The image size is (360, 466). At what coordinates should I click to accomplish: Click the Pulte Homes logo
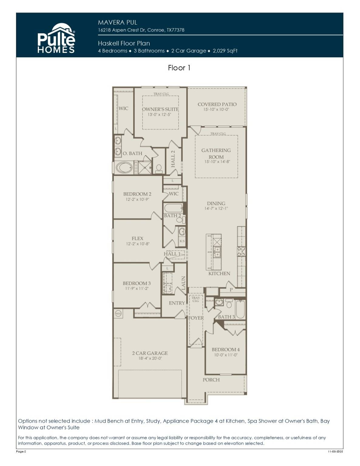[x=56, y=39]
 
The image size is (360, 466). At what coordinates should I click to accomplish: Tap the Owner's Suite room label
[x=160, y=109]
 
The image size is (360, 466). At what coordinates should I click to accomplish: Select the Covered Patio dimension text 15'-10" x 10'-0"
[x=216, y=110]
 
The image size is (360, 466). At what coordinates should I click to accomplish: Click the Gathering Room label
[x=216, y=154]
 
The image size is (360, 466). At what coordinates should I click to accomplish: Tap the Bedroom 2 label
[x=137, y=194]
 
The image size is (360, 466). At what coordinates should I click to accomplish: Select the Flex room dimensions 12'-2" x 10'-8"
[x=138, y=244]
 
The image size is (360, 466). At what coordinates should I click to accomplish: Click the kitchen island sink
[x=217, y=252]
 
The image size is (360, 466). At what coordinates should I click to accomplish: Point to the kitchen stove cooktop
[x=242, y=252]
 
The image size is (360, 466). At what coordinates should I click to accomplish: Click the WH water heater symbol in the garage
[x=118, y=313]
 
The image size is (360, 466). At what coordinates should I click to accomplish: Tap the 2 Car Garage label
[x=150, y=353]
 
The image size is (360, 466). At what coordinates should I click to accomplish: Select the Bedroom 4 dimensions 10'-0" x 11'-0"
[x=226, y=355]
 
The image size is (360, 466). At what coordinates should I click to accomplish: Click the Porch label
[x=211, y=380]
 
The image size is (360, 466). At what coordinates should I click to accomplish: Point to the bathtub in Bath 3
[x=240, y=309]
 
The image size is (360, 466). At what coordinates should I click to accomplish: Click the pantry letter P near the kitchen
[x=231, y=290]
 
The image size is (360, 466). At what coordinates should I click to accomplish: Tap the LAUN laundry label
[x=183, y=283]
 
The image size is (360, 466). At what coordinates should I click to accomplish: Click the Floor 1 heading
[x=179, y=68]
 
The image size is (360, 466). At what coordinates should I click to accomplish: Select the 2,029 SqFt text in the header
[x=225, y=51]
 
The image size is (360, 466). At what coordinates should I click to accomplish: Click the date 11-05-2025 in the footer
[x=335, y=452]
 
